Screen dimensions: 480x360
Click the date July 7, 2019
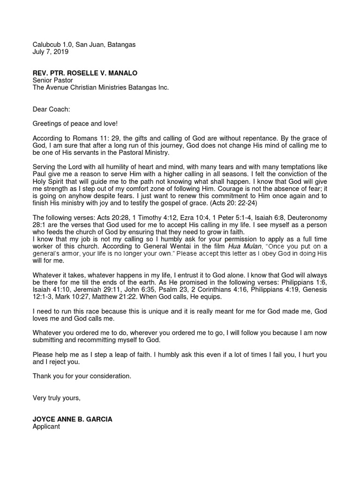(51, 52)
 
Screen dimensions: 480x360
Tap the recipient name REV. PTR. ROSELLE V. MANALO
(85, 73)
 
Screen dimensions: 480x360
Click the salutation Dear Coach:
(51, 109)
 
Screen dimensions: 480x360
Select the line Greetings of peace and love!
(75, 124)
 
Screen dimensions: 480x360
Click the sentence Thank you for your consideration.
(82, 376)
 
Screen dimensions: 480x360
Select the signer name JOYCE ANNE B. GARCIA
(72, 420)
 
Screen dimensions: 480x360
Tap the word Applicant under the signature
(46, 427)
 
